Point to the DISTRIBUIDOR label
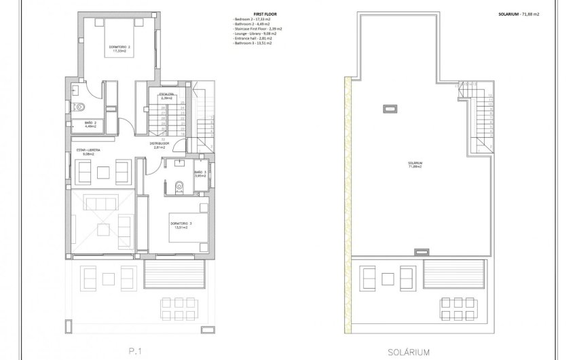(160, 144)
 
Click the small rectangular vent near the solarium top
(390, 107)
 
